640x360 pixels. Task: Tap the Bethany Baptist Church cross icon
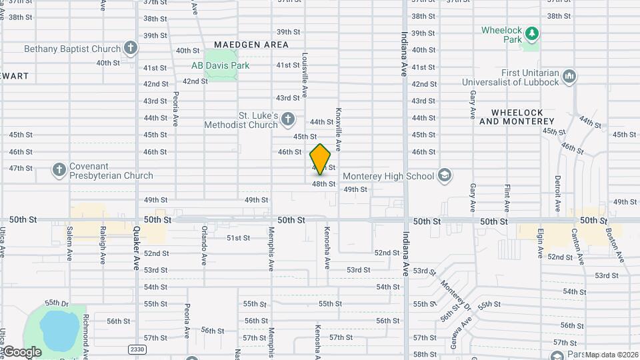(x=131, y=48)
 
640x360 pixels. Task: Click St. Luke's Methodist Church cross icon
(x=287, y=120)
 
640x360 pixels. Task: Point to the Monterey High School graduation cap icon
(x=445, y=175)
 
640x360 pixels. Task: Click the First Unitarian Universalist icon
(x=569, y=77)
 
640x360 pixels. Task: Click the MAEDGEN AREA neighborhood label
(x=247, y=45)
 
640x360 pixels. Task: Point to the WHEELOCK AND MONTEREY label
(x=517, y=117)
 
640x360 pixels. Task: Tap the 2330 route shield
(x=137, y=349)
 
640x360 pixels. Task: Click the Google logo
(x=22, y=352)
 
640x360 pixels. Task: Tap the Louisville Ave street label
(x=305, y=74)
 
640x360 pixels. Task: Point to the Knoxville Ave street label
(x=339, y=130)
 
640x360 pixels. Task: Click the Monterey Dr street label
(x=455, y=291)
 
